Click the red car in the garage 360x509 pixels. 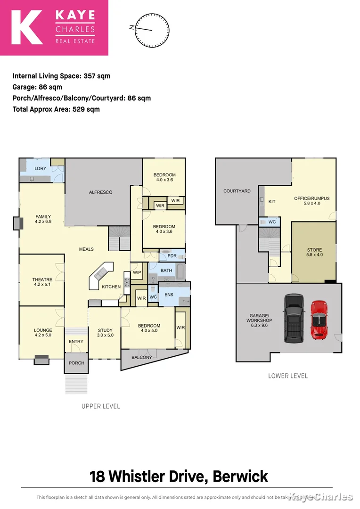click(x=319, y=320)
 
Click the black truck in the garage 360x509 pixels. click(x=293, y=319)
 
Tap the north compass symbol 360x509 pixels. click(x=151, y=30)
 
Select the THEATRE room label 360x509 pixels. click(x=42, y=279)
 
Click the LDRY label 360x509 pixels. click(x=33, y=168)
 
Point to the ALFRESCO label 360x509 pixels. click(x=101, y=192)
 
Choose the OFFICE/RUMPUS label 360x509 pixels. click(x=311, y=198)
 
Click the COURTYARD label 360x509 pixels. click(x=237, y=191)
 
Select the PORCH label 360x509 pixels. click(x=76, y=363)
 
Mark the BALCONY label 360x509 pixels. click(x=142, y=357)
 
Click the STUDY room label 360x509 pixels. click(x=105, y=330)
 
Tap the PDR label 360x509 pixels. click(x=172, y=256)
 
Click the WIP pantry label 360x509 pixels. click(x=138, y=273)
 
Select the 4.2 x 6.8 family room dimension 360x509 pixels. click(x=43, y=222)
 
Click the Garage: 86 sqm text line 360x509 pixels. click(x=37, y=87)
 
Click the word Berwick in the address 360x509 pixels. click(x=240, y=476)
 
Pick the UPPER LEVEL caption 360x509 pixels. click(x=100, y=406)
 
